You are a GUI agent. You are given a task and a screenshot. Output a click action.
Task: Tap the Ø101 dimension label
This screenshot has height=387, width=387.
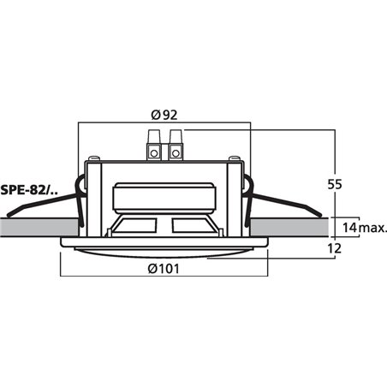pyautogui.click(x=164, y=269)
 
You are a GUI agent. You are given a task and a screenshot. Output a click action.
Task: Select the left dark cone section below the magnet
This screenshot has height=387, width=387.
pyautogui.click(x=134, y=226)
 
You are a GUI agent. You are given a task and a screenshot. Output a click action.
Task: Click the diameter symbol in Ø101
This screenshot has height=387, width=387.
pyautogui.click(x=151, y=269)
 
